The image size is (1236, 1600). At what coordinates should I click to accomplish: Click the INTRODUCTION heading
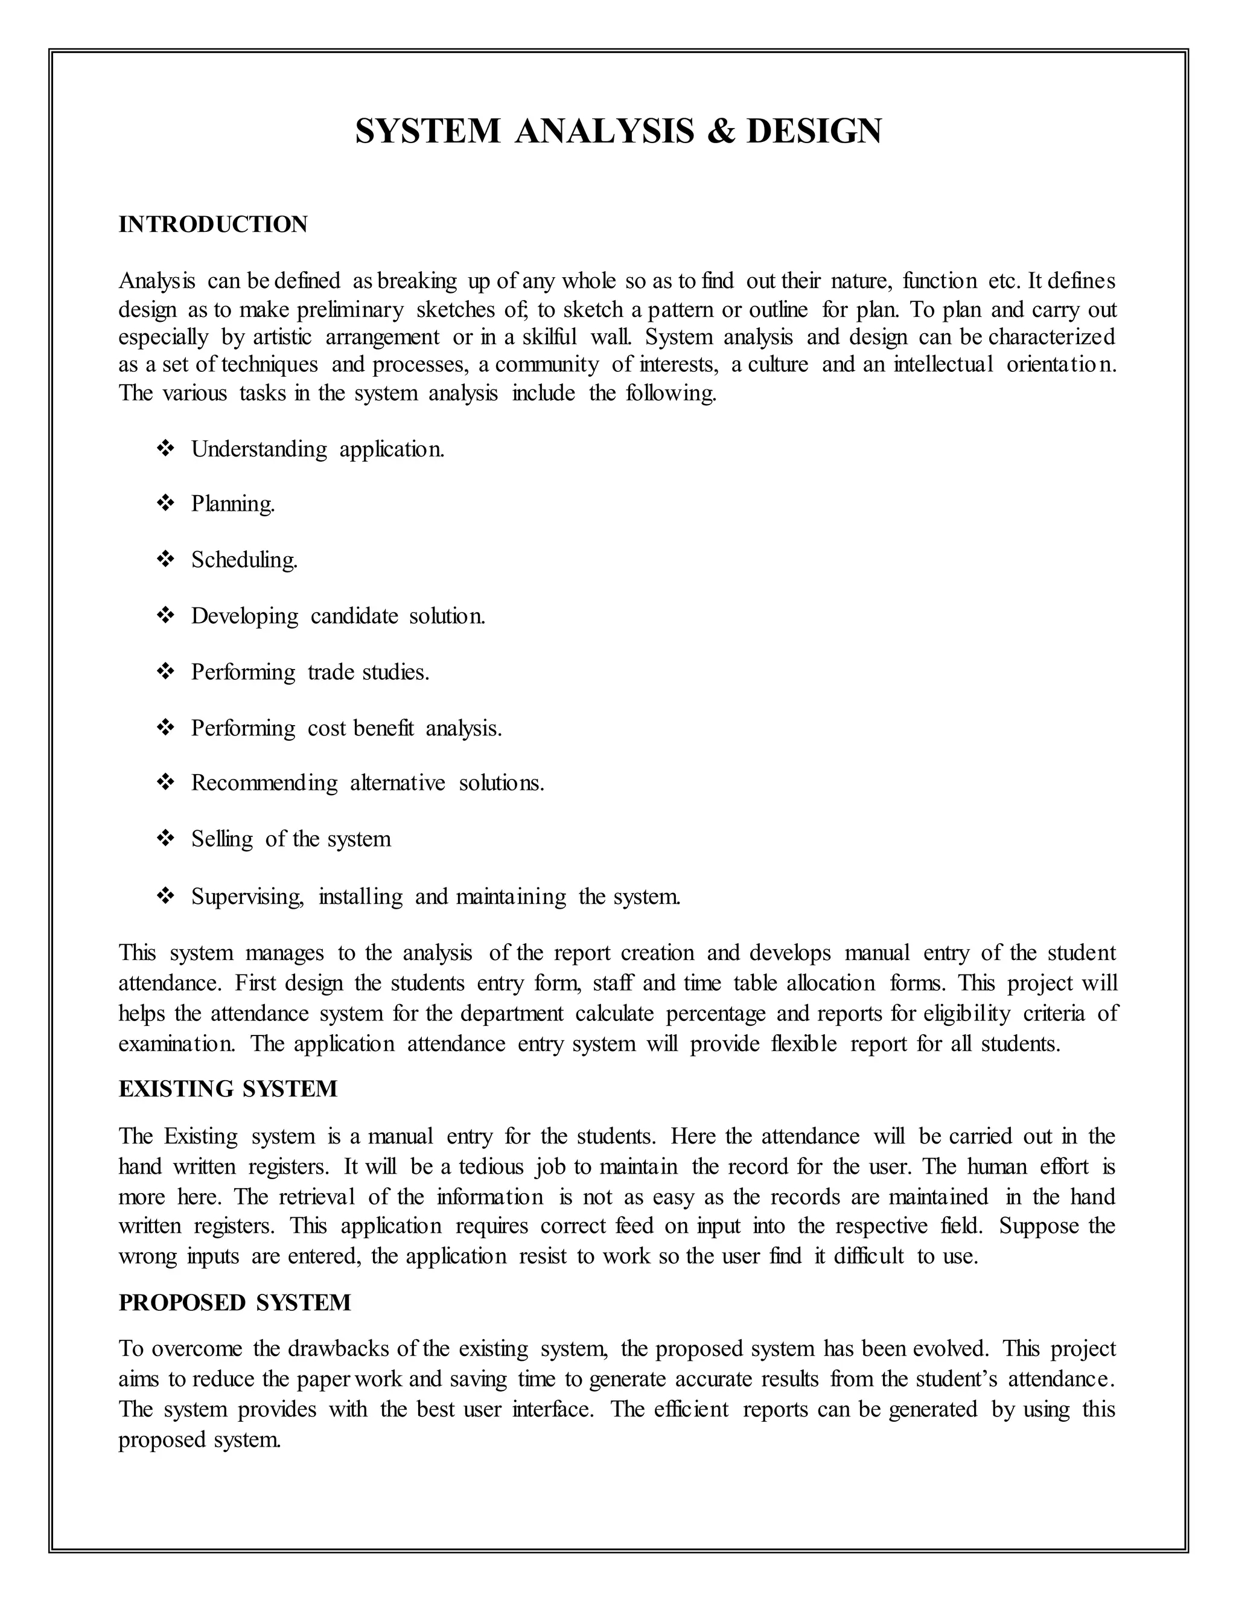click(x=213, y=224)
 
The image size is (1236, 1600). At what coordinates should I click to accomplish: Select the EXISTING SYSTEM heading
click(x=228, y=1089)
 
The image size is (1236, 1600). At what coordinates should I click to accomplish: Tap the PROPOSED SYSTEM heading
click(x=234, y=1302)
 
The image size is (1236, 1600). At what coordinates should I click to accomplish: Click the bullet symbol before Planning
click(x=165, y=504)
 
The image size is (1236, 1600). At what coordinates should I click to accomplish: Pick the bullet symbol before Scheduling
click(x=165, y=560)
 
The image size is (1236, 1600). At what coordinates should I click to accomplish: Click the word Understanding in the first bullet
click(x=259, y=449)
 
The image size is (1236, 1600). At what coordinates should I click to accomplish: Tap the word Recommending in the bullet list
click(x=264, y=783)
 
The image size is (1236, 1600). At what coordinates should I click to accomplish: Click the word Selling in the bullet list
click(x=222, y=839)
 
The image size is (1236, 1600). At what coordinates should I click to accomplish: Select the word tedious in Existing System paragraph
click(x=491, y=1166)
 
